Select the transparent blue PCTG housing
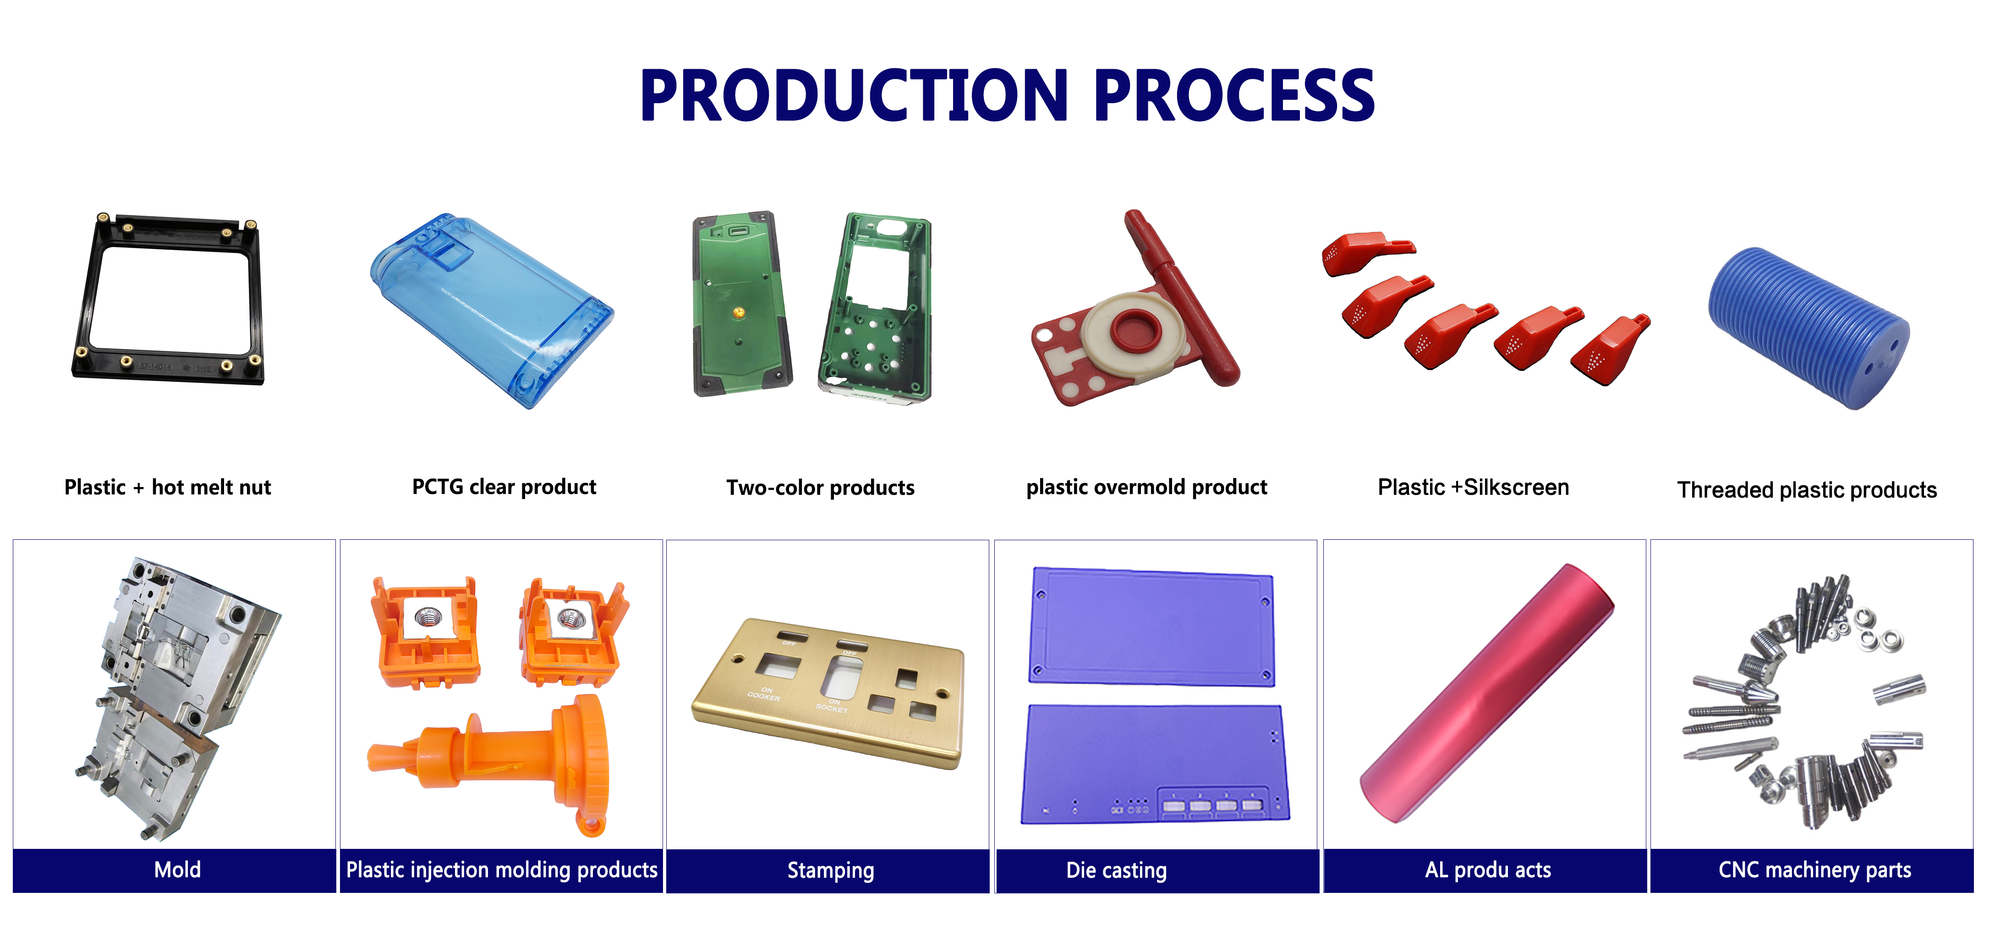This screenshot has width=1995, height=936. [491, 310]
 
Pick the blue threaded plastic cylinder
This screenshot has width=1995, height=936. [1809, 328]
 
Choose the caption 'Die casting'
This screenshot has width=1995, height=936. [1116, 870]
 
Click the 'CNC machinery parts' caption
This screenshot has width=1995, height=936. [1814, 870]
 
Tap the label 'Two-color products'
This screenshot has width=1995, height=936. [820, 487]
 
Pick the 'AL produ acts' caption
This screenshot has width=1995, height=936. [1488, 870]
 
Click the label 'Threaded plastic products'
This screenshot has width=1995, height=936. [1807, 490]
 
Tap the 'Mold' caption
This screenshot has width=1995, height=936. [177, 870]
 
